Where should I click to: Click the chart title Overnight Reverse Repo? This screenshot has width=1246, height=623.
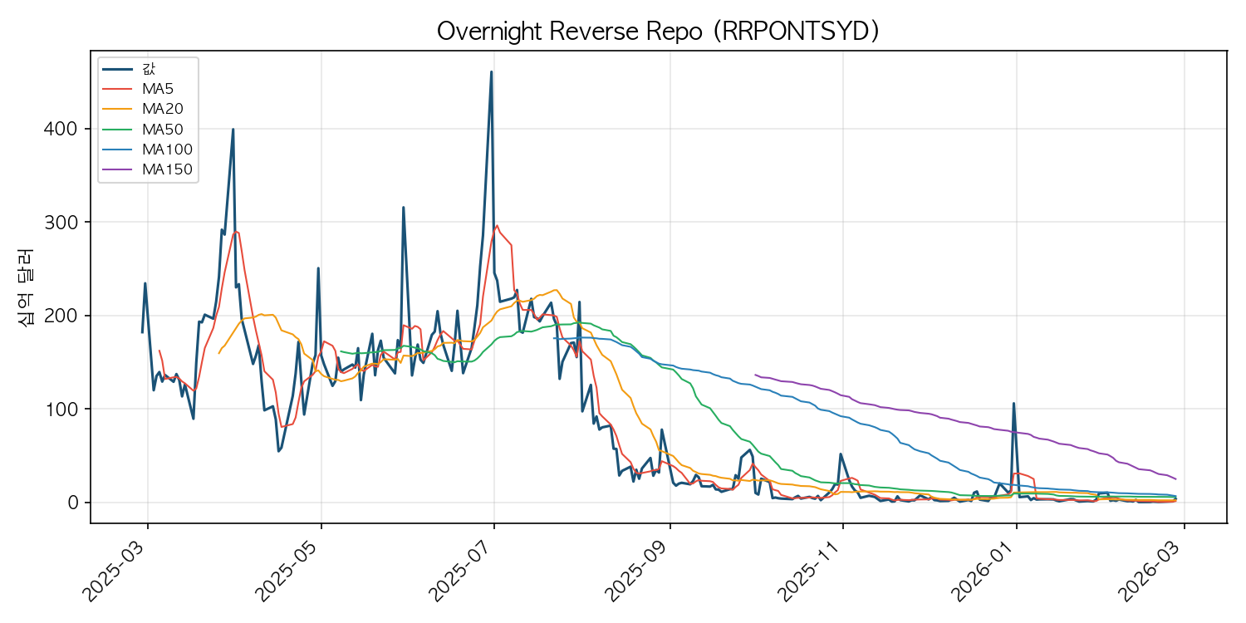point(658,32)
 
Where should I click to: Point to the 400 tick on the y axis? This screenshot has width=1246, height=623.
point(60,129)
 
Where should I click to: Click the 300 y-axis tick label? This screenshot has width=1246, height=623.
point(60,223)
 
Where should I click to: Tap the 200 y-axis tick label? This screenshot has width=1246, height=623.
point(60,316)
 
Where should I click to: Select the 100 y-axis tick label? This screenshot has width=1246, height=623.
point(60,410)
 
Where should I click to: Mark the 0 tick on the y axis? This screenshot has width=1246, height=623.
point(72,503)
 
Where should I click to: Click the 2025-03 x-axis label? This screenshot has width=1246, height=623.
point(114,571)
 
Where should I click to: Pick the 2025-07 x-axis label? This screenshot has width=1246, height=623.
point(460,571)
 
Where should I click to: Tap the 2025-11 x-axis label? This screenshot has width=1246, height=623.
point(809,571)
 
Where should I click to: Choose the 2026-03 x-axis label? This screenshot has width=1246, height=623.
point(1150,571)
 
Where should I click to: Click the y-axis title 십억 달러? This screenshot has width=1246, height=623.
point(26,287)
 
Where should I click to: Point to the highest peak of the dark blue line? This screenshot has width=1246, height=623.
point(491,71)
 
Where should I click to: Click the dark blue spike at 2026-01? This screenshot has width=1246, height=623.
point(1013,403)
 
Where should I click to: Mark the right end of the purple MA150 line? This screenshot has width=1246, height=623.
point(1176,479)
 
